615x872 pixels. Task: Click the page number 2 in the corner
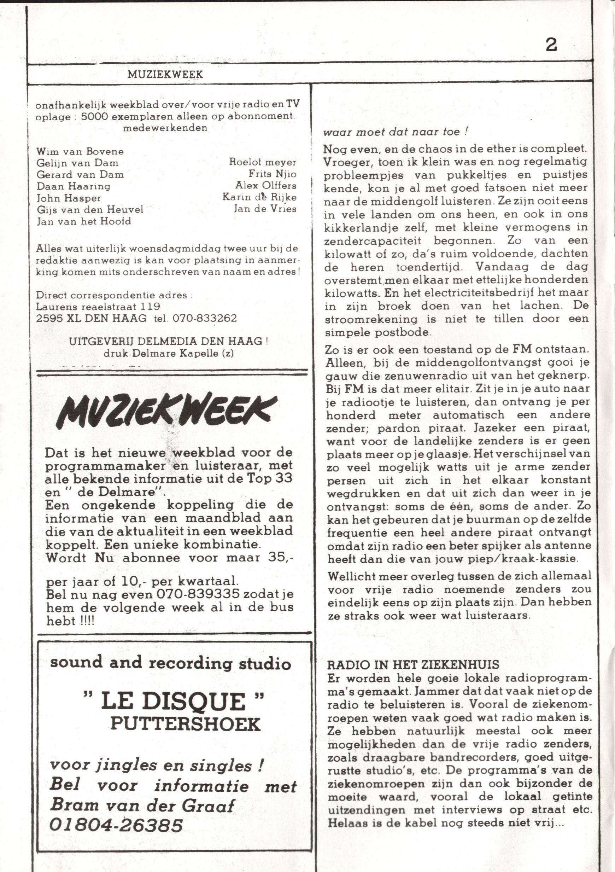tap(551, 45)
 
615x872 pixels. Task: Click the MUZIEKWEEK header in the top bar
tap(165, 75)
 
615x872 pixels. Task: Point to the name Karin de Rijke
tap(259, 197)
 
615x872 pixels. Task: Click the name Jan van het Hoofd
tap(83, 221)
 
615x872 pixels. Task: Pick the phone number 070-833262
tap(204, 318)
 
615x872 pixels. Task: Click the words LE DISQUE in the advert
tap(174, 701)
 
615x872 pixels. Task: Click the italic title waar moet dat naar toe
tap(395, 132)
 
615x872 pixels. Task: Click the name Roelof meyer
tap(262, 162)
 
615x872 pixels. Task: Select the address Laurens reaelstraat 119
tap(98, 306)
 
